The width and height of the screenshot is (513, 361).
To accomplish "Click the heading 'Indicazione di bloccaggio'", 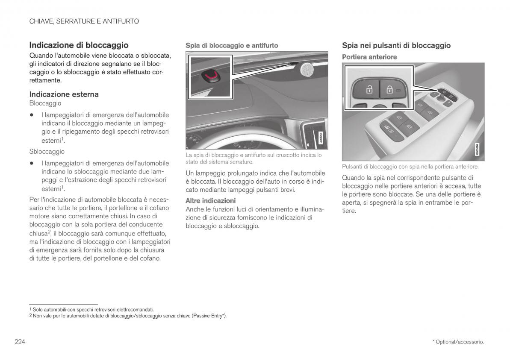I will pos(79,45).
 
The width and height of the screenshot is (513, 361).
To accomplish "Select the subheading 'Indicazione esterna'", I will pos(64,94).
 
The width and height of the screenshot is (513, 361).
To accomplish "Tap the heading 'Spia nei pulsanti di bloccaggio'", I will pos(396,45).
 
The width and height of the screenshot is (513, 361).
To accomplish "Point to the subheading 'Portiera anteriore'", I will pos(369,57).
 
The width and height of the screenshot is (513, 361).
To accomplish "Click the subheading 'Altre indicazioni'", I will pos(210,200).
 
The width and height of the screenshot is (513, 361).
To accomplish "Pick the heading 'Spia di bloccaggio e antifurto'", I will pos(232,45).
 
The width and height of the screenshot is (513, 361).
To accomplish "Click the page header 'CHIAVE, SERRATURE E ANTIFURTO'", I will pos(84,21).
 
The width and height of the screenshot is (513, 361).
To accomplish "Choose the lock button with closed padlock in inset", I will pos(390,89).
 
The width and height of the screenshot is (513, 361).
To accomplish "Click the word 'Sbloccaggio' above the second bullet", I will pos(47,151).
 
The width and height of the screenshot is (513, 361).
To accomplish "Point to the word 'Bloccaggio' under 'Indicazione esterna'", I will pos(45,103).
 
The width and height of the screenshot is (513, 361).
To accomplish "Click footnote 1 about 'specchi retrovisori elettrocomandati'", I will pos(91,309).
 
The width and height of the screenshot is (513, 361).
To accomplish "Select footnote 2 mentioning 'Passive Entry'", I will pos(127,316).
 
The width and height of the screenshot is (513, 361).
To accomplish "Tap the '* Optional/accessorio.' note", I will pos(458,342).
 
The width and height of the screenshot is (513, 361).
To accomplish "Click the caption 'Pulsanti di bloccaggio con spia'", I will pos(410,167).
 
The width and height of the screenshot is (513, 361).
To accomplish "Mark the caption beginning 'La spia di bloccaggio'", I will pos(254,158).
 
